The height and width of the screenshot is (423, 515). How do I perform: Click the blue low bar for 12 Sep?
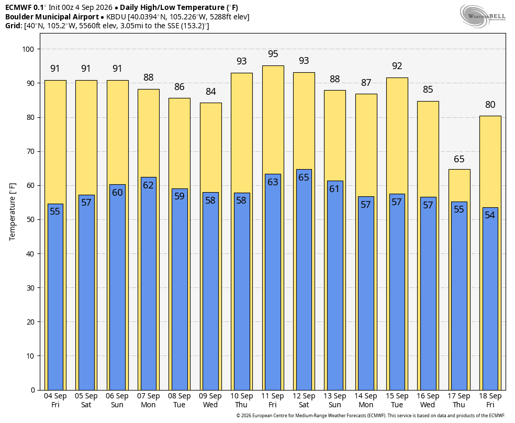(x=304, y=280)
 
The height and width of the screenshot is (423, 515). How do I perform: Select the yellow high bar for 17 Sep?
(x=459, y=185)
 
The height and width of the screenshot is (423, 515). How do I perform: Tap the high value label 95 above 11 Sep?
(x=273, y=54)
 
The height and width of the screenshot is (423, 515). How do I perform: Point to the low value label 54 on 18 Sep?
(x=490, y=215)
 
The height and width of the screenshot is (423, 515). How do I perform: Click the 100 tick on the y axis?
(x=28, y=49)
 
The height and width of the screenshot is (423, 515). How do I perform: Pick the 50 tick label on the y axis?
(x=30, y=220)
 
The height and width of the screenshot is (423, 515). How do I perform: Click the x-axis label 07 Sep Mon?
(x=148, y=400)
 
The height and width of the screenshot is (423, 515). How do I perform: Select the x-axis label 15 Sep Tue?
(x=397, y=400)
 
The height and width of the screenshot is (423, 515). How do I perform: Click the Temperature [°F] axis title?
(x=12, y=212)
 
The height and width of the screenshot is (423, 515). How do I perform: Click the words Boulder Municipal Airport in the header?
(x=52, y=17)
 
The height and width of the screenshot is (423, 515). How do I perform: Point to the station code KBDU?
(x=116, y=17)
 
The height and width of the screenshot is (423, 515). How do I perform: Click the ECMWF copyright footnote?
(x=371, y=416)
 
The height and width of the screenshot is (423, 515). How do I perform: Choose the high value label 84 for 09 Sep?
(x=211, y=92)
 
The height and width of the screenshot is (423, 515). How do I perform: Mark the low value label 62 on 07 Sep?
(x=148, y=185)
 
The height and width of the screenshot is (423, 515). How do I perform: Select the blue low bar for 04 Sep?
(x=55, y=297)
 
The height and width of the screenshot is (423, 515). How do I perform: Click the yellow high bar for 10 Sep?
(x=242, y=131)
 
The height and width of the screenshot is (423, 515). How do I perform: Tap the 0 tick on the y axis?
(x=33, y=390)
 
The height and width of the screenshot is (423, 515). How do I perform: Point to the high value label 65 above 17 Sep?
(x=459, y=159)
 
